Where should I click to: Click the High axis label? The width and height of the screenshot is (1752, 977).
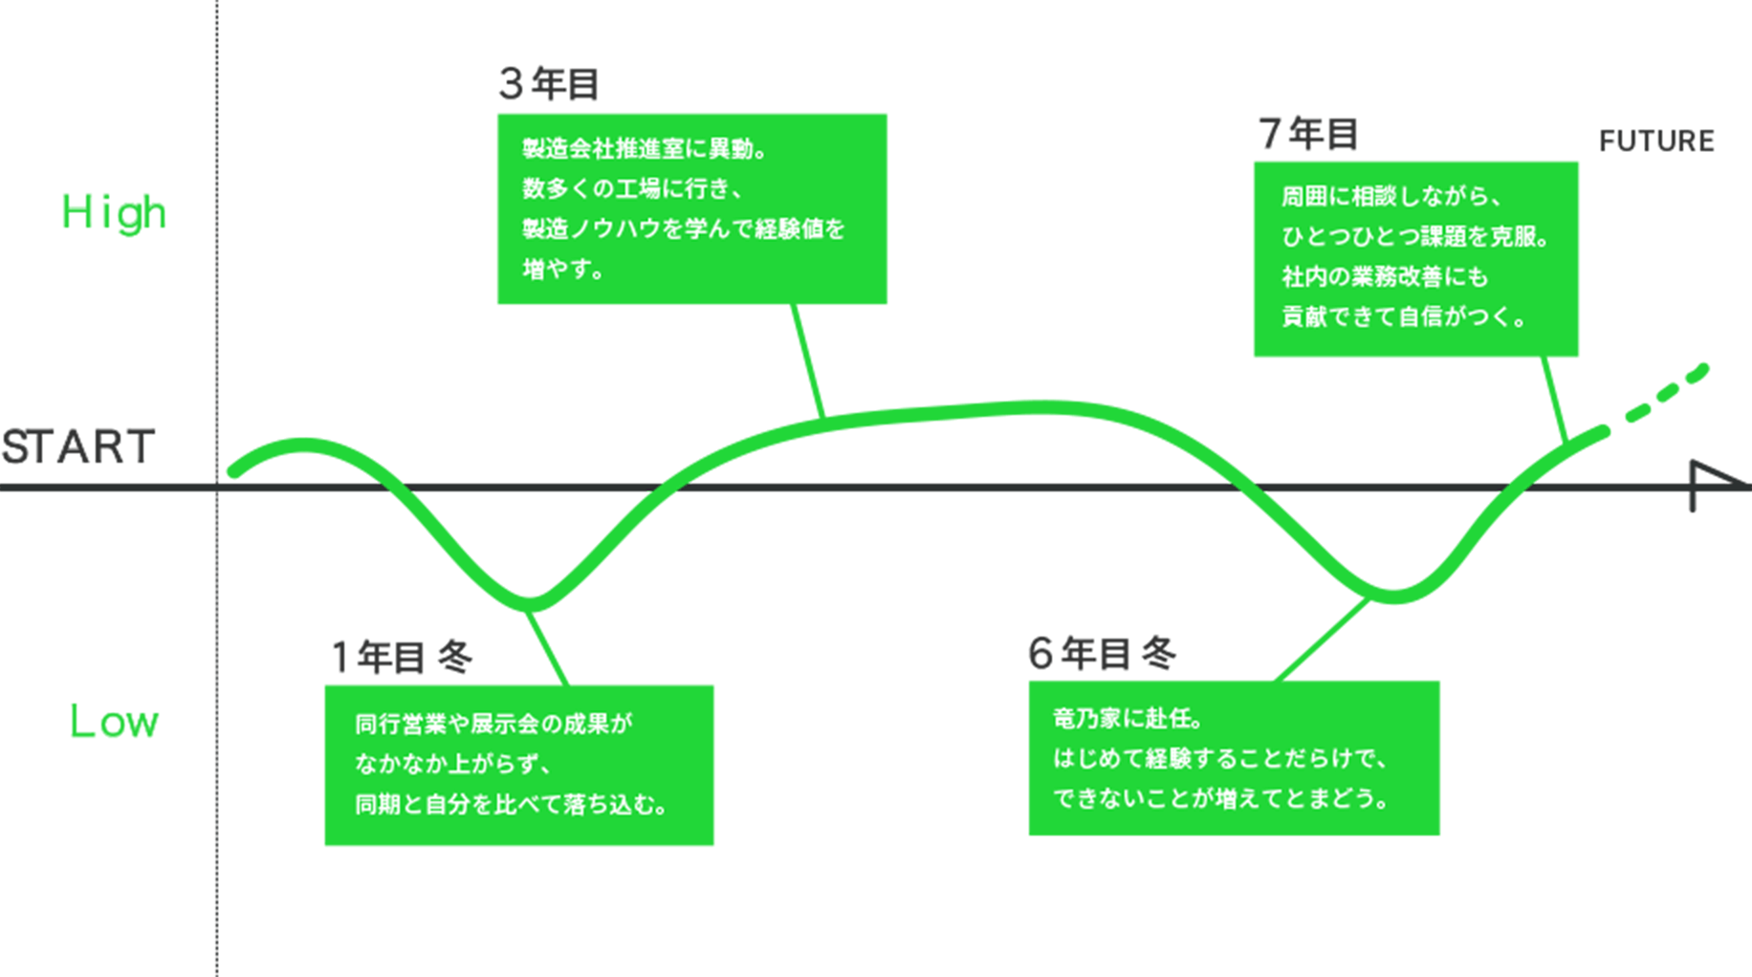click(x=114, y=212)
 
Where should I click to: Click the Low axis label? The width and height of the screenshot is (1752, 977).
click(x=114, y=722)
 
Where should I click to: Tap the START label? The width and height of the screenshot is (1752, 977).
click(x=78, y=447)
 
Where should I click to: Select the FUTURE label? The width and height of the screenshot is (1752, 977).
click(x=1656, y=141)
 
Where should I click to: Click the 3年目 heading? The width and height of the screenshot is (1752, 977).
click(x=549, y=85)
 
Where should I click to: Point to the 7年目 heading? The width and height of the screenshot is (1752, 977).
click(x=1308, y=134)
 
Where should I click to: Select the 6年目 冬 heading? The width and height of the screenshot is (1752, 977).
click(x=1102, y=654)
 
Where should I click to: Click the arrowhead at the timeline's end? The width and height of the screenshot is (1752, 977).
click(x=1712, y=485)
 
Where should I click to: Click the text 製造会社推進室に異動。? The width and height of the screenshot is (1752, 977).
click(x=645, y=149)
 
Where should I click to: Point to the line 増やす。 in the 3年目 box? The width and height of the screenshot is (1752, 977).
click(x=563, y=270)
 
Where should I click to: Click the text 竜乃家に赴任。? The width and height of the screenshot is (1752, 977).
click(x=1128, y=718)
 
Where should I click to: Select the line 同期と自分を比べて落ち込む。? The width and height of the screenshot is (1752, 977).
click(x=511, y=805)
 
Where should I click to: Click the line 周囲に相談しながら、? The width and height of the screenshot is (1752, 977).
click(x=1391, y=197)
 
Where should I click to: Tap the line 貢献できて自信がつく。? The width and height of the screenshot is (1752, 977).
click(x=1404, y=317)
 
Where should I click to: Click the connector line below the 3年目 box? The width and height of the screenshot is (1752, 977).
click(x=808, y=361)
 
